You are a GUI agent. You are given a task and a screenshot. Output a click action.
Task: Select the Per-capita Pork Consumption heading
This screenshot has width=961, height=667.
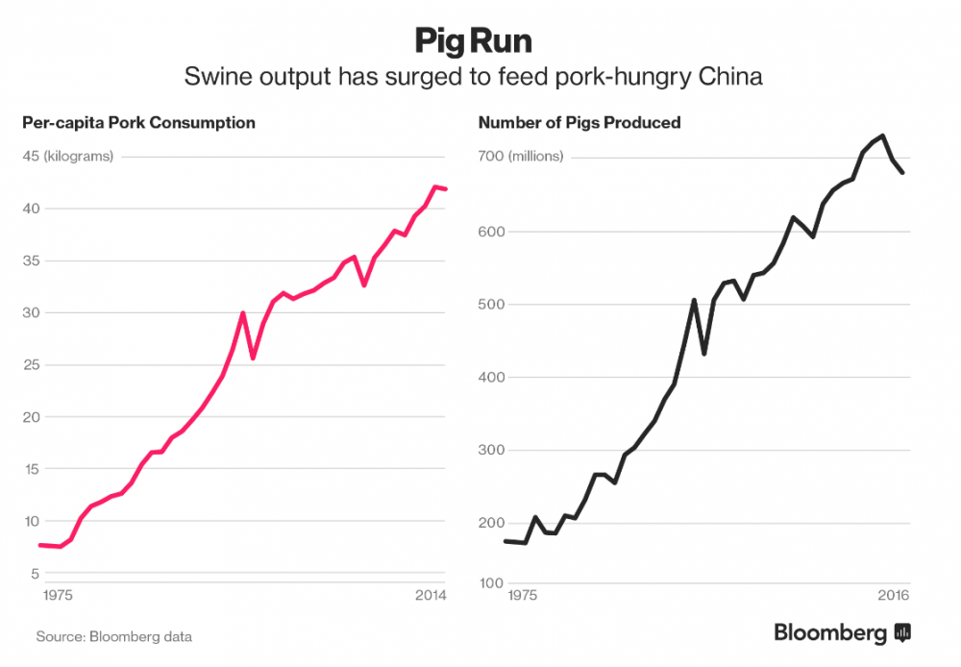tap(138, 123)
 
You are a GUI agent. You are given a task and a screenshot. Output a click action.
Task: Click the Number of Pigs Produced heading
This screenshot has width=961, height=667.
tap(579, 123)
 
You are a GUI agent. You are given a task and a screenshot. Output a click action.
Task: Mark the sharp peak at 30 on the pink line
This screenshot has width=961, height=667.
tap(243, 313)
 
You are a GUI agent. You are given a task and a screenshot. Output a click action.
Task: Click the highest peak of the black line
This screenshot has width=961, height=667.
tap(882, 136)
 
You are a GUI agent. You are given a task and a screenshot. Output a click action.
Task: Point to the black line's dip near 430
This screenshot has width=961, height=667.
tap(704, 354)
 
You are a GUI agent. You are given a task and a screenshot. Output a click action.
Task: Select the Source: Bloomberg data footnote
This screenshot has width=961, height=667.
tap(114, 636)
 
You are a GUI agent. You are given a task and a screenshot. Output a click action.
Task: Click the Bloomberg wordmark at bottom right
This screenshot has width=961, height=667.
tap(831, 632)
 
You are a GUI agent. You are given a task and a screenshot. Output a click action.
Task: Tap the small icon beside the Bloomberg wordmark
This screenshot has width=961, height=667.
tap(902, 632)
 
